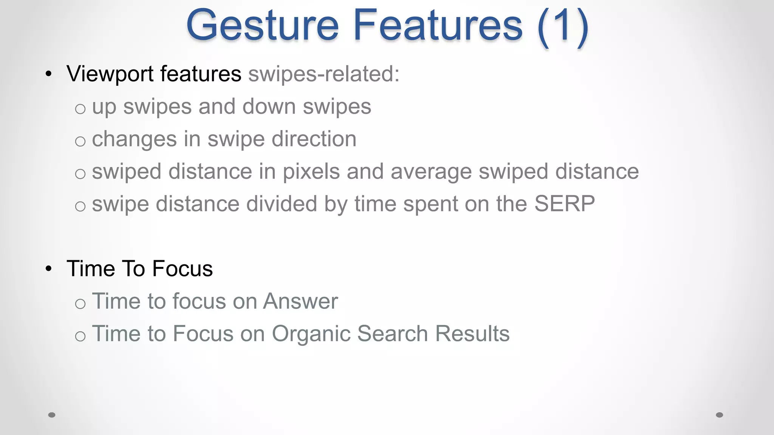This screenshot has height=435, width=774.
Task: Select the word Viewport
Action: (x=110, y=74)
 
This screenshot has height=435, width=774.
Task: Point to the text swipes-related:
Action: (x=324, y=74)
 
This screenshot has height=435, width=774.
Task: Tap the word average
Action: (x=431, y=172)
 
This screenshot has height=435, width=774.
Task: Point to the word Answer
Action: (x=300, y=301)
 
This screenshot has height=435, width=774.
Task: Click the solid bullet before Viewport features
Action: (x=48, y=74)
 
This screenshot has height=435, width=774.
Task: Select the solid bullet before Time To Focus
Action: (x=48, y=269)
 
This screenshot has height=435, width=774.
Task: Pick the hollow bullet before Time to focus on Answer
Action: (x=80, y=304)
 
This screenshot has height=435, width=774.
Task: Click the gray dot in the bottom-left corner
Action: (x=52, y=415)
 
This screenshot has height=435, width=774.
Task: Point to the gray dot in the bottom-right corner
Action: (x=720, y=415)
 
